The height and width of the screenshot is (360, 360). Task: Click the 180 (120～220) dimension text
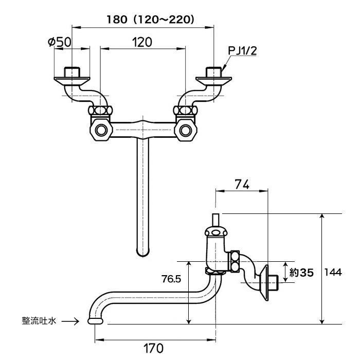point(150,20)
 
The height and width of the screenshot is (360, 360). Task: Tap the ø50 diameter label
point(60,42)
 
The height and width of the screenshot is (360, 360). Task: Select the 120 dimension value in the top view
point(142,42)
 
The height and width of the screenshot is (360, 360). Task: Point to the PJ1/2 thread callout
point(242,51)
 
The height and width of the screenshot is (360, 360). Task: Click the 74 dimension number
point(242,184)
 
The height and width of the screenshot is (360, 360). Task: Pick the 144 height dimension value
point(333,272)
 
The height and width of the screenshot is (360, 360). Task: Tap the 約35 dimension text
point(301,273)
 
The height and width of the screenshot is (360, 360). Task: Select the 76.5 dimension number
point(171,279)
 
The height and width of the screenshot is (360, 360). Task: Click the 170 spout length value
point(154,348)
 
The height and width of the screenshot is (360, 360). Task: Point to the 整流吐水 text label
point(39,321)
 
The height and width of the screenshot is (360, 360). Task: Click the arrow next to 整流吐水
point(70,321)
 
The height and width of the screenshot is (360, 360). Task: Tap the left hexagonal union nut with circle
point(101,130)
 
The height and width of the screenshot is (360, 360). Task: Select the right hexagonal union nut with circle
point(186,130)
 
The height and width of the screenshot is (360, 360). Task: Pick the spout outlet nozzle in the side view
point(95,321)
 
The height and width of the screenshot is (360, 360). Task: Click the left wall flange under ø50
point(71,81)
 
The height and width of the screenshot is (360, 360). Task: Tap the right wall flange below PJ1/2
point(214,81)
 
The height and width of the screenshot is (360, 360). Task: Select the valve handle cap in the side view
point(217,232)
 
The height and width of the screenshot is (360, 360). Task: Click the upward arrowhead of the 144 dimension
point(322,217)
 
